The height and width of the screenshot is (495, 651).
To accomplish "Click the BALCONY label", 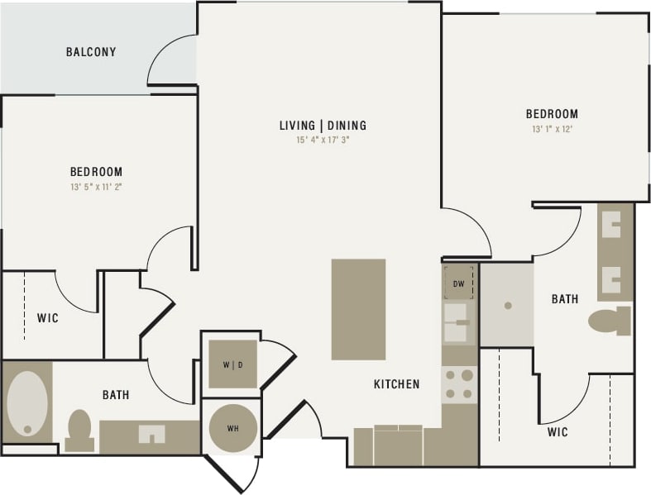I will point(91,52).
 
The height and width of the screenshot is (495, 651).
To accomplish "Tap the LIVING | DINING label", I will point(323,126).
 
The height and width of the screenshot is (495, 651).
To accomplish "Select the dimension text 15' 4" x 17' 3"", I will point(323,140).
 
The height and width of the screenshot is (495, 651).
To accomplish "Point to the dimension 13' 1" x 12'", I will point(552,129).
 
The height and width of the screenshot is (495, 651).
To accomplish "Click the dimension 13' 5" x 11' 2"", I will point(96,187).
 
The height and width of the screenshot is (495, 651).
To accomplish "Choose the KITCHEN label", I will point(396,384).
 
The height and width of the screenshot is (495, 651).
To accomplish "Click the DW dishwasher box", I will point(459,283).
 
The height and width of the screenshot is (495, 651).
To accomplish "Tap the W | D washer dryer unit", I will point(232,364).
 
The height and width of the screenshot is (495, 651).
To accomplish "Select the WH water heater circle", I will point(232,427).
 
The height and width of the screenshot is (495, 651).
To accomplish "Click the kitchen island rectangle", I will point(358,309).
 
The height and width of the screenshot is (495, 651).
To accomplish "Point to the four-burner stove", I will point(459,383).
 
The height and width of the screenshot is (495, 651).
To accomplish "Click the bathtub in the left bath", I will point(26,402).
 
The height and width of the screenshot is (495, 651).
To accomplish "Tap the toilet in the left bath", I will point(79,430).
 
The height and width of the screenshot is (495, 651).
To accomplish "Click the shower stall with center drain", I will point(506,305).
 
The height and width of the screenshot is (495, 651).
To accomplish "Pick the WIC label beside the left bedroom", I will point(47,318).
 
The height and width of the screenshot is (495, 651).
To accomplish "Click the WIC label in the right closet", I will point(557,432).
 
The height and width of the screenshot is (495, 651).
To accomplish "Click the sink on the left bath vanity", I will point(151,434).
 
